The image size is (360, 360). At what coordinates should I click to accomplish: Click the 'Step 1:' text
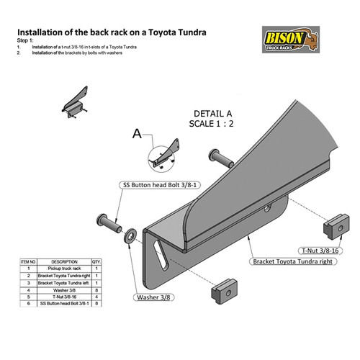24,41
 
